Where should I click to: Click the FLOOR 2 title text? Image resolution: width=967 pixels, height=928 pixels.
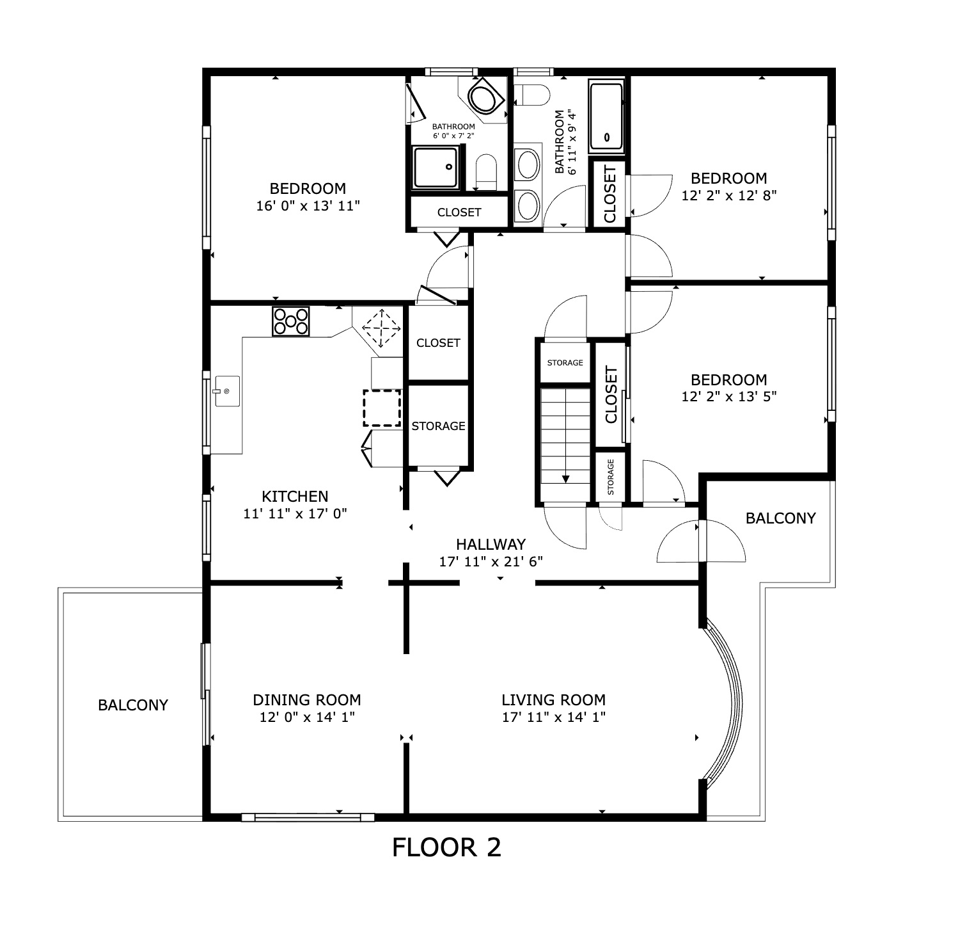[446, 847]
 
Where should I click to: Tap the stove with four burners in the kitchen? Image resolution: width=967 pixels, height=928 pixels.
[291, 321]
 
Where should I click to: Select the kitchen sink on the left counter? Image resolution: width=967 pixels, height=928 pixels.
[226, 391]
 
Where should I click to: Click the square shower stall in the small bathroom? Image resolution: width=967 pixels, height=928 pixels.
[436, 167]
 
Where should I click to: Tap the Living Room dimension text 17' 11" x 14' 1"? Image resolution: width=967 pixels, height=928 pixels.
[553, 717]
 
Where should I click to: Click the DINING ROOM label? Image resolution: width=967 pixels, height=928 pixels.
[307, 700]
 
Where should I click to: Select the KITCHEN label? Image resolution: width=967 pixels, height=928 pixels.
[295, 496]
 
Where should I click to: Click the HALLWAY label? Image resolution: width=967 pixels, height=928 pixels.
[491, 544]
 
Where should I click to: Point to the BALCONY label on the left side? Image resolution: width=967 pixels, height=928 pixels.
[133, 705]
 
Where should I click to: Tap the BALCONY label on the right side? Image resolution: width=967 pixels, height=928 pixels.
[781, 518]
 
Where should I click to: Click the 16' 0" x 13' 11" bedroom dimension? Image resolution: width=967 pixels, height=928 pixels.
[308, 205]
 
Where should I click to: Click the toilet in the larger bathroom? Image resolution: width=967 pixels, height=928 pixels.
[532, 95]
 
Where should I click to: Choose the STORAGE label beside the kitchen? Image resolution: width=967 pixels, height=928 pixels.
[438, 426]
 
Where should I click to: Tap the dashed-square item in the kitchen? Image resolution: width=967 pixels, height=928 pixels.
[382, 408]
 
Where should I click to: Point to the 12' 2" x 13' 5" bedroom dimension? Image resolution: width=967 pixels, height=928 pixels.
[728, 396]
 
